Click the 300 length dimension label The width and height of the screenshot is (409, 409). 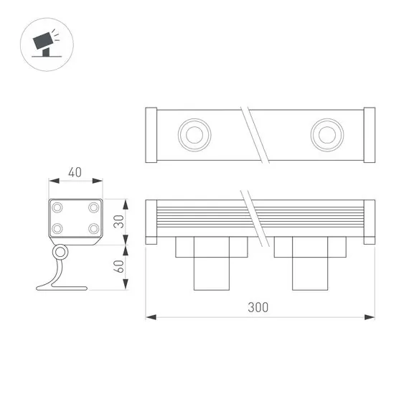pos(259,307)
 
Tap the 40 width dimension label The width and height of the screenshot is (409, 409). pos(75,172)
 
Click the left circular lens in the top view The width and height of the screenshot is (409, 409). pos(193,134)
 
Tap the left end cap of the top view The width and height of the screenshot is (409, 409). pos(151,134)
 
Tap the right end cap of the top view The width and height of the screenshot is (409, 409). pos(369,134)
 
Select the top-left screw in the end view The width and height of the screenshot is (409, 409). pos(57,207)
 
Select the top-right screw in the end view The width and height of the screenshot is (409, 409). pos(93,207)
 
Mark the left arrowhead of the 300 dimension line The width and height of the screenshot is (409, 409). pos(150,316)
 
